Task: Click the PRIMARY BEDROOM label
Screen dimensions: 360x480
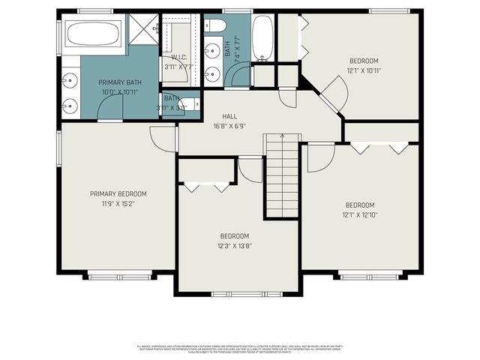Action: pyautogui.click(x=118, y=193)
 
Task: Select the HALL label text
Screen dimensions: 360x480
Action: pyautogui.click(x=230, y=117)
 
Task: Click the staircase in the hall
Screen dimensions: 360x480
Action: pyautogui.click(x=282, y=176)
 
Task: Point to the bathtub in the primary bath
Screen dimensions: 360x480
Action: pyautogui.click(x=93, y=34)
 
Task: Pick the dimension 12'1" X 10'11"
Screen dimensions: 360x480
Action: pyautogui.click(x=364, y=71)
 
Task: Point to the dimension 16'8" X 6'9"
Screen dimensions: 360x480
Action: pyautogui.click(x=230, y=127)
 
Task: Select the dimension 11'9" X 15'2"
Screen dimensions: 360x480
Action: pyautogui.click(x=118, y=203)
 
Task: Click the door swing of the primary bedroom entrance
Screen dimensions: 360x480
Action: pyautogui.click(x=163, y=137)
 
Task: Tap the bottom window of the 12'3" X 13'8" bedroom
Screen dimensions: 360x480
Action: pyautogui.click(x=239, y=292)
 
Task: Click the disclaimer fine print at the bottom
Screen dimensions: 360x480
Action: pyautogui.click(x=240, y=349)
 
